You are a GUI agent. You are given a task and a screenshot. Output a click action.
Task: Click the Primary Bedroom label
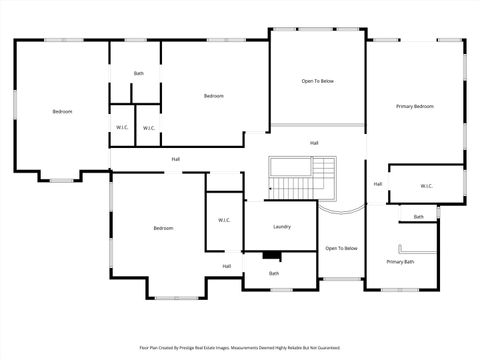tap(415, 106)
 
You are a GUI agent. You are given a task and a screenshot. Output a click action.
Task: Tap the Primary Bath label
tap(400, 262)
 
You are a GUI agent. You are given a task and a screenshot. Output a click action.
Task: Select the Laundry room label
tap(281, 226)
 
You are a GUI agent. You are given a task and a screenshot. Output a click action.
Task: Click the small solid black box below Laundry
tap(271, 256)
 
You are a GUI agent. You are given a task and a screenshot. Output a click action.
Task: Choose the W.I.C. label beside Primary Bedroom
tap(426, 186)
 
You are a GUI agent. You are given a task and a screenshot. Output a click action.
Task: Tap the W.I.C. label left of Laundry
tap(225, 220)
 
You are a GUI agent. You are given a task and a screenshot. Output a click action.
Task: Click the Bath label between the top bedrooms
tap(139, 73)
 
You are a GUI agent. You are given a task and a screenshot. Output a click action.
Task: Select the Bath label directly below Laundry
tap(273, 273)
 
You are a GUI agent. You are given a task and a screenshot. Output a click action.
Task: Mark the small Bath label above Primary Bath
tap(418, 217)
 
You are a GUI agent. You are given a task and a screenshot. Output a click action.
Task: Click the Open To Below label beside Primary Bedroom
tap(318, 81)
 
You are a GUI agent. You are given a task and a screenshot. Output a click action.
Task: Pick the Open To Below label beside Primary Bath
tap(341, 248)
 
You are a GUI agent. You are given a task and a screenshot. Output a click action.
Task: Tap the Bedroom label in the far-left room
tap(62, 111)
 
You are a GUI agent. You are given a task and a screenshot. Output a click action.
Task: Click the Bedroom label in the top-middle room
tap(213, 96)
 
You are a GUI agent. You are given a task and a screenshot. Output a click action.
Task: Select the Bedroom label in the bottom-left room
tap(163, 228)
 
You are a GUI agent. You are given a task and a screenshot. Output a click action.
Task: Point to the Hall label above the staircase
tap(314, 142)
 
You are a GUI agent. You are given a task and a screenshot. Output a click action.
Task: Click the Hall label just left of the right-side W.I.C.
tap(378, 184)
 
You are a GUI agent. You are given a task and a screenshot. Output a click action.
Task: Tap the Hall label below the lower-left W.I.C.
tap(227, 266)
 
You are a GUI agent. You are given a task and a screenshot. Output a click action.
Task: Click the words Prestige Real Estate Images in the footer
tap(214, 348)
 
